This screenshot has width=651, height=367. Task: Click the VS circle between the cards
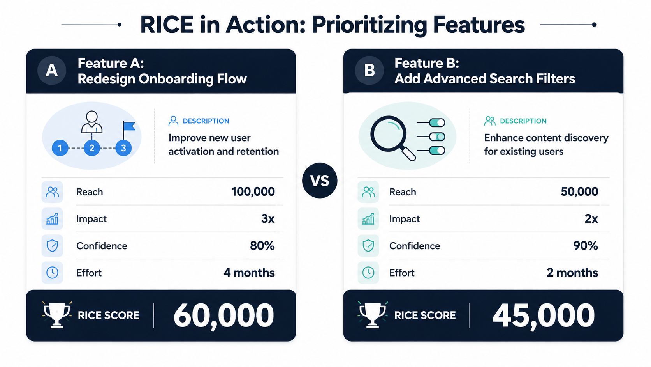320,181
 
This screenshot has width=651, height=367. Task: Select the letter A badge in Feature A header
52,71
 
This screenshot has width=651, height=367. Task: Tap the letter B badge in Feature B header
369,71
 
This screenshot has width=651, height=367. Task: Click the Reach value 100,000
253,192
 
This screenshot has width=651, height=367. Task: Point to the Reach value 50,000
579,192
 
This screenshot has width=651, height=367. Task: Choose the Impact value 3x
267,219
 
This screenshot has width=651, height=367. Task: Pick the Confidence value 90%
586,246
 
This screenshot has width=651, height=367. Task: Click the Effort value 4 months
249,273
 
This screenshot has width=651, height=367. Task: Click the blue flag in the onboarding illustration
128,129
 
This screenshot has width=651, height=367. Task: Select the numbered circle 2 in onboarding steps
92,148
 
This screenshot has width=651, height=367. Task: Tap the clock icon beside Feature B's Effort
368,273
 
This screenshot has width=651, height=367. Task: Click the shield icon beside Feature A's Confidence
52,246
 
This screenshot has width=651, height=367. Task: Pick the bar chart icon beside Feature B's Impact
368,219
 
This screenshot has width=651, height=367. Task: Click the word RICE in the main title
167,25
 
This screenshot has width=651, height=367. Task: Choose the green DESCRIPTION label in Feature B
523,121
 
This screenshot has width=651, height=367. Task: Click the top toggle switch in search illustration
437,122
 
